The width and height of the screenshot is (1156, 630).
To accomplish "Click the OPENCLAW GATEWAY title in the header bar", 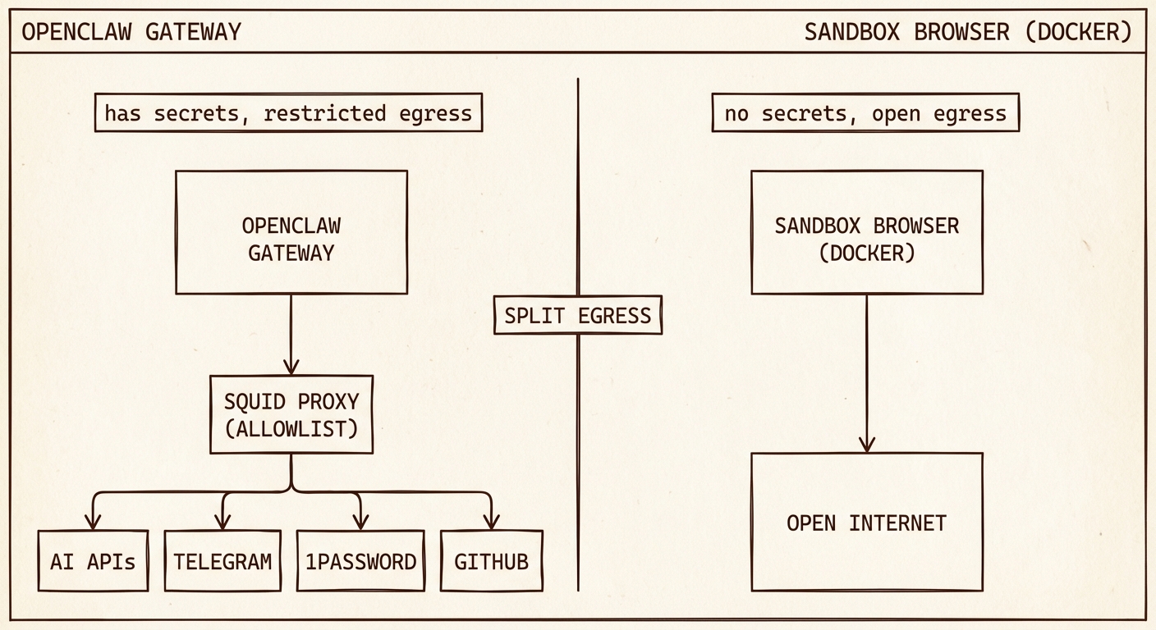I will [131, 32].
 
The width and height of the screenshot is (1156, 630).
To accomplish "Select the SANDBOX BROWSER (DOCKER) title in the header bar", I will [968, 32].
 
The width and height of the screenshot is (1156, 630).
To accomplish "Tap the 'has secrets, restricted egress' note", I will [288, 113].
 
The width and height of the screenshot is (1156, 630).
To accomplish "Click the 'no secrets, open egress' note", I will [865, 113].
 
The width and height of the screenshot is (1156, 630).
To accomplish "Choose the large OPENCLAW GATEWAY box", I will [291, 232].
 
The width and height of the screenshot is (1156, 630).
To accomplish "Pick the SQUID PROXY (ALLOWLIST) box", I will [291, 414].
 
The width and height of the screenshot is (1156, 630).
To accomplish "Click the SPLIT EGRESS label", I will [577, 316].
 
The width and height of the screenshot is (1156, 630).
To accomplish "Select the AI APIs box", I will [93, 561].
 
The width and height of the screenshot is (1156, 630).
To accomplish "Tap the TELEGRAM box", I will [222, 561].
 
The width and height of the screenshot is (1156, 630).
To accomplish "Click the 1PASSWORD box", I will [360, 561].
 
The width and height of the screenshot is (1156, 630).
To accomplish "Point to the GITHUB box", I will [491, 561].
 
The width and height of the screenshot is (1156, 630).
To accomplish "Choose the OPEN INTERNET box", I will [866, 522].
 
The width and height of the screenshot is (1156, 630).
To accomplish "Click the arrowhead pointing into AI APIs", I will [93, 522].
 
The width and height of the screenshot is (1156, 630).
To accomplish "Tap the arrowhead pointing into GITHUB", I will [491, 522].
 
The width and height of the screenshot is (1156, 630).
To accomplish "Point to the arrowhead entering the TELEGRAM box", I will [222, 522].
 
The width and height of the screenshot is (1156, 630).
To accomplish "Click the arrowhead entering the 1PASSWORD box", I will [360, 522].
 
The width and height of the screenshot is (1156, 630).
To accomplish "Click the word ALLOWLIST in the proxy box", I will [291, 429].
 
